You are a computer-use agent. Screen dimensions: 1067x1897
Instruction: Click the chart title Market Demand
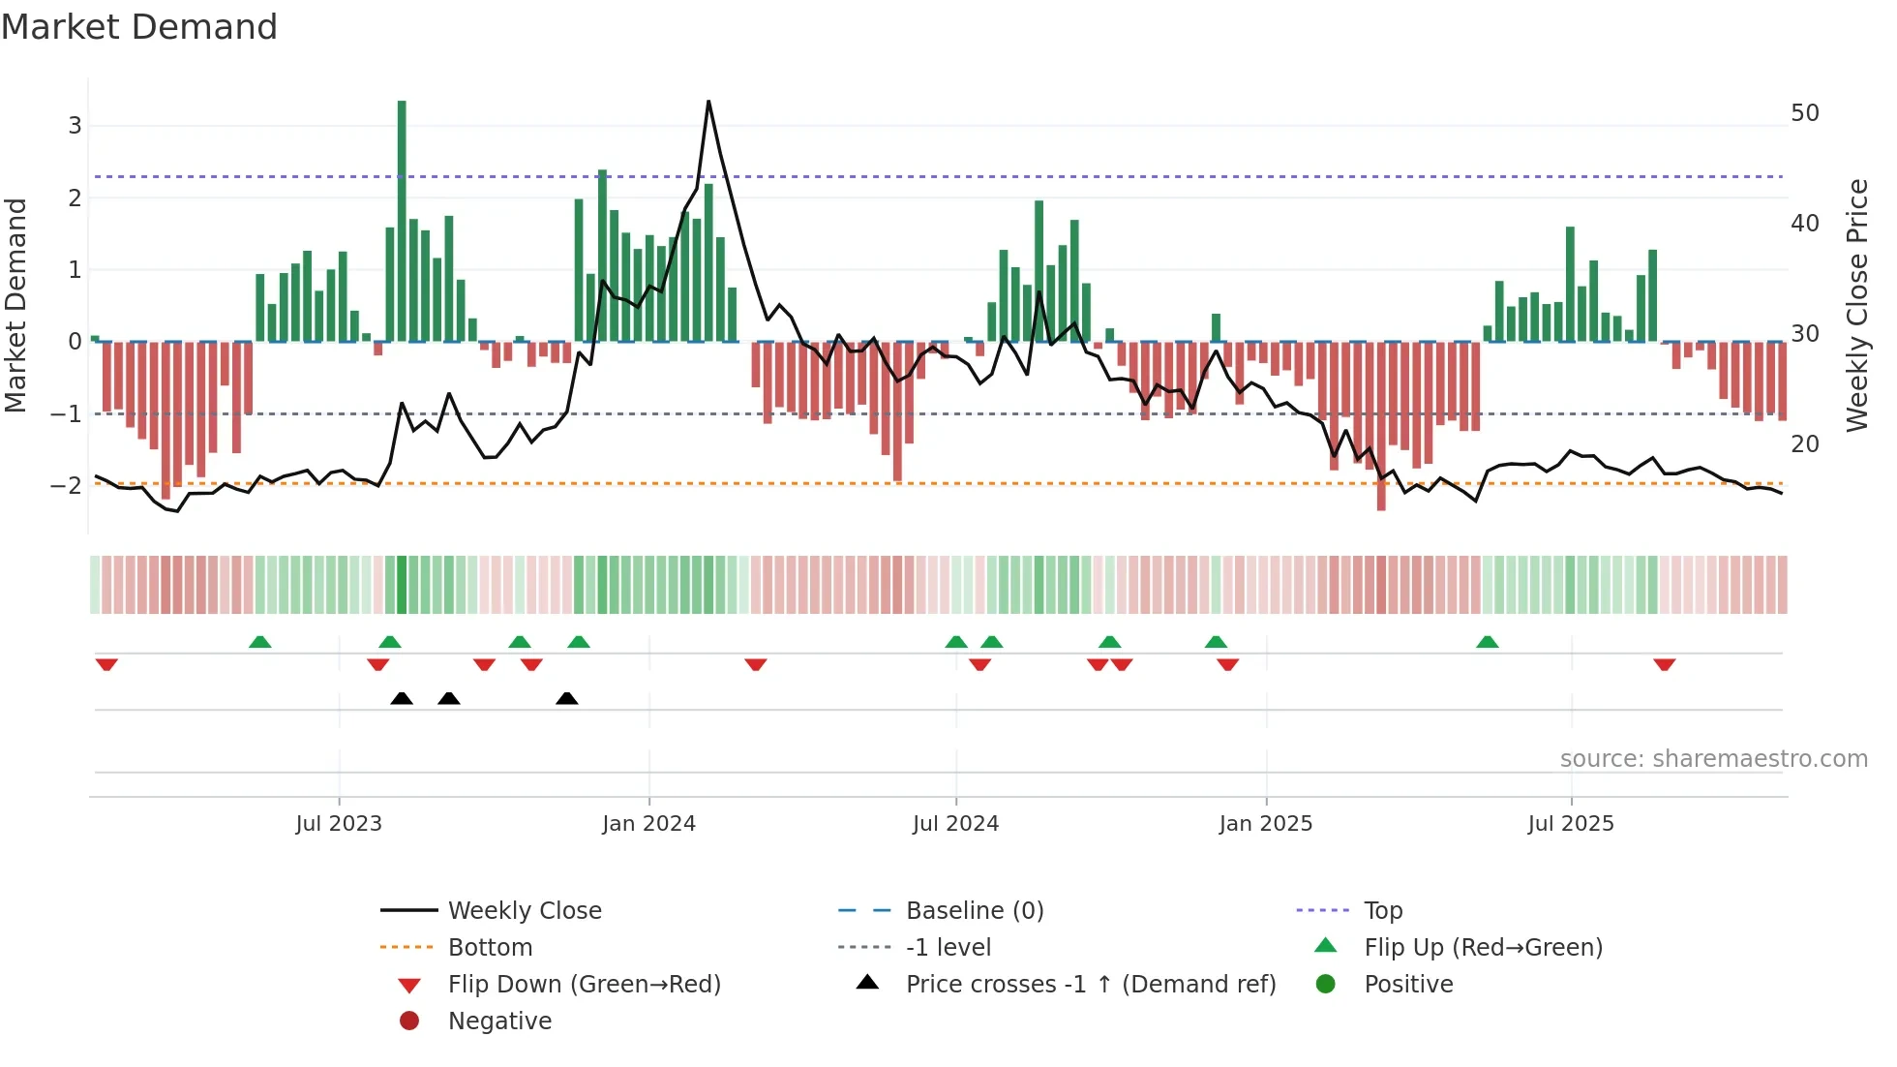(139, 27)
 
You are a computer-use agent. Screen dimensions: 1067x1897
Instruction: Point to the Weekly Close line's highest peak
(708, 102)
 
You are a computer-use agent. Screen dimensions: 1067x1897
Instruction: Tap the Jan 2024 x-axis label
(648, 824)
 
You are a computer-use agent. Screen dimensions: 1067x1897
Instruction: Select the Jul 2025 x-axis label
(1571, 824)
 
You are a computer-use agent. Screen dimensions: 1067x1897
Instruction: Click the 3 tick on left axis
(75, 126)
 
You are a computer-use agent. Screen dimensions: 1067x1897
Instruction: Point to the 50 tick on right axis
(1805, 113)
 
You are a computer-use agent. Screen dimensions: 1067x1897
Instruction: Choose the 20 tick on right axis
(1805, 444)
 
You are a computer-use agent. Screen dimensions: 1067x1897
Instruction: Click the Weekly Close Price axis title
(1856, 306)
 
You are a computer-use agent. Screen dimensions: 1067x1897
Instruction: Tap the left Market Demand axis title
(16, 306)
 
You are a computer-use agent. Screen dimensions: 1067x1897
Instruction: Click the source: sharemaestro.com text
(1713, 759)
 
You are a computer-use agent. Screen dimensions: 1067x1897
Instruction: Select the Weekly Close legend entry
(524, 911)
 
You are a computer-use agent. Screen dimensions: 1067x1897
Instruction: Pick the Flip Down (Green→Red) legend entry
(584, 985)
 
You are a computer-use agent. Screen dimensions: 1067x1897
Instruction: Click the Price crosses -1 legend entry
(1090, 985)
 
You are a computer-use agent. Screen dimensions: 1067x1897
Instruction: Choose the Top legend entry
(1382, 911)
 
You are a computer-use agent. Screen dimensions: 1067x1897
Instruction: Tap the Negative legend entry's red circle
(409, 1021)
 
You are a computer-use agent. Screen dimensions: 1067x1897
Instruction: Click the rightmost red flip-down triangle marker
(1665, 664)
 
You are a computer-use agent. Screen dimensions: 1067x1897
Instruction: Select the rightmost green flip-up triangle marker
(1488, 642)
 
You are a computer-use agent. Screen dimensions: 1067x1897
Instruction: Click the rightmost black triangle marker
(567, 699)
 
